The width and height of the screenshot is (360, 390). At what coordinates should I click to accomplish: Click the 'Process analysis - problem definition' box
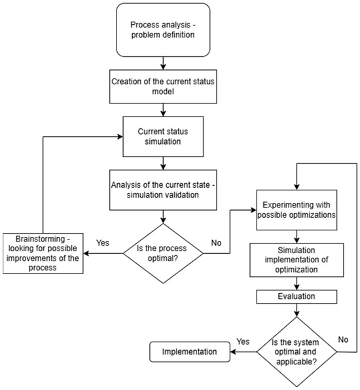pyautogui.click(x=163, y=30)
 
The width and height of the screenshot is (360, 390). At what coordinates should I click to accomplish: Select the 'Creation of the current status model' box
pyautogui.click(x=163, y=86)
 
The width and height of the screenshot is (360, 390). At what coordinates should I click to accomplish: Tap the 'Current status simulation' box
pyautogui.click(x=163, y=137)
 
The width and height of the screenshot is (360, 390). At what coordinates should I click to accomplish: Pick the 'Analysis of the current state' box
pyautogui.click(x=163, y=190)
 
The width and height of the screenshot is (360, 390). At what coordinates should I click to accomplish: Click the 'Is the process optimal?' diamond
pyautogui.click(x=163, y=253)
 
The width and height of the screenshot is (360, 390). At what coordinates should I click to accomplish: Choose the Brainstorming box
pyautogui.click(x=43, y=253)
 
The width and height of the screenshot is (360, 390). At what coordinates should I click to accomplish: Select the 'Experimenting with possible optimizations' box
pyautogui.click(x=297, y=210)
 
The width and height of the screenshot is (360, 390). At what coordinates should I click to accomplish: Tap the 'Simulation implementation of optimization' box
pyautogui.click(x=297, y=260)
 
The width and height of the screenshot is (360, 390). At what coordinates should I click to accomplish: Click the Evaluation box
pyautogui.click(x=297, y=296)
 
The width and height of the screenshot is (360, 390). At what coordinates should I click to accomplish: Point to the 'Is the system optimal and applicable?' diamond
pyautogui.click(x=297, y=351)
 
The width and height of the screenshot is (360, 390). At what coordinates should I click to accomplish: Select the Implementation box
pyautogui.click(x=190, y=351)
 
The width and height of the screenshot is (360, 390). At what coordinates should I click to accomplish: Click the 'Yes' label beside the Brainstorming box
pyautogui.click(x=103, y=243)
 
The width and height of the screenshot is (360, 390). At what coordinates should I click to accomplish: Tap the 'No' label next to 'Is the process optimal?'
pyautogui.click(x=216, y=243)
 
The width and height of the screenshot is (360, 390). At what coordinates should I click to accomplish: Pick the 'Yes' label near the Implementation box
pyautogui.click(x=243, y=342)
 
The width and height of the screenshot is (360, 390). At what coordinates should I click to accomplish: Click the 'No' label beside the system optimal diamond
pyautogui.click(x=343, y=340)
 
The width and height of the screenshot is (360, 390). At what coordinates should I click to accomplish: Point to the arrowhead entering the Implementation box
pyautogui.click(x=233, y=351)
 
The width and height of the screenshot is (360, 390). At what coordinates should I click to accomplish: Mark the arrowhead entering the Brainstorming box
pyautogui.click(x=86, y=253)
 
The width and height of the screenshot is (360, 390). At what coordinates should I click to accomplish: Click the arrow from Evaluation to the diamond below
pyautogui.click(x=297, y=310)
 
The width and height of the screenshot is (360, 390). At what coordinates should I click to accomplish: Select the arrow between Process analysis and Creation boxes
pyautogui.click(x=163, y=63)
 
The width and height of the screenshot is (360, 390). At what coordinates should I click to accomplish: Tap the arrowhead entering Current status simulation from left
pyautogui.click(x=120, y=137)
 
